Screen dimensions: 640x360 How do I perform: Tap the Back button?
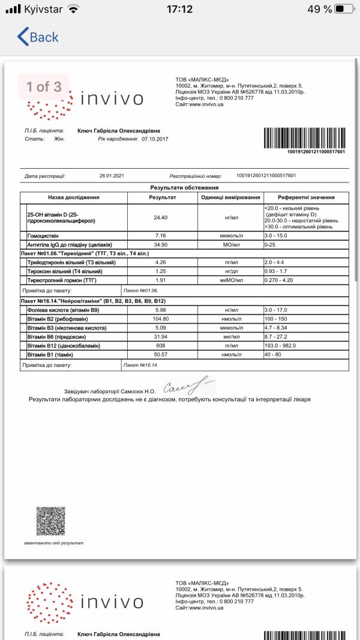38,37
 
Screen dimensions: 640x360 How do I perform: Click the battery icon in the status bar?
344,10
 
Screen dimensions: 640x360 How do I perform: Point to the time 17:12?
179,10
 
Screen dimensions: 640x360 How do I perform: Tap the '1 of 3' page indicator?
43,86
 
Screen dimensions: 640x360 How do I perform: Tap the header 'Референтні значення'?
306,197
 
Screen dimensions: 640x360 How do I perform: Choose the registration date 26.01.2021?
111,176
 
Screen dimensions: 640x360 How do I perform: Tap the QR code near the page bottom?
50,521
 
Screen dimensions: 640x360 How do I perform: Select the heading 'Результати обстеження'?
180,188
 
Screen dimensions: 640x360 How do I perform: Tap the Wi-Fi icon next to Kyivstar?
73,10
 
